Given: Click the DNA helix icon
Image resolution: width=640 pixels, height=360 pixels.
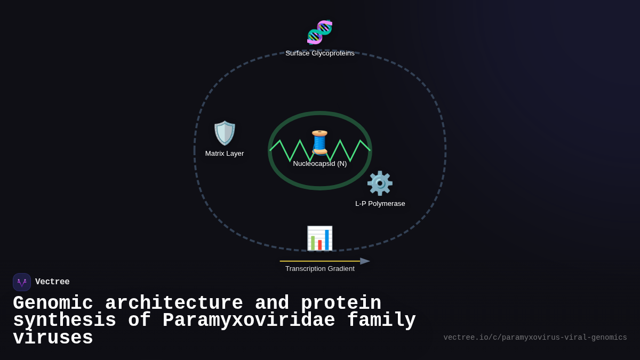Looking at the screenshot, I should click(x=319, y=32).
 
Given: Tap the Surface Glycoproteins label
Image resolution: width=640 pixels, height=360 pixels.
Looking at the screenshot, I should click(x=319, y=53).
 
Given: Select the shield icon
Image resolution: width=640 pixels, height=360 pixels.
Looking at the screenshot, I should click(x=225, y=133).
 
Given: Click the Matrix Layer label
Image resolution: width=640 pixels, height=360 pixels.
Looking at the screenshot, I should click(x=225, y=154).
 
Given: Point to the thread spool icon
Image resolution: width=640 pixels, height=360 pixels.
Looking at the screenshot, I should click(x=319, y=142).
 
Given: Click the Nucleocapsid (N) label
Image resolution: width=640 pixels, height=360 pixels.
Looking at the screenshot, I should click(x=319, y=164).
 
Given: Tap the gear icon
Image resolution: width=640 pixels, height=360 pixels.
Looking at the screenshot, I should click(x=380, y=183).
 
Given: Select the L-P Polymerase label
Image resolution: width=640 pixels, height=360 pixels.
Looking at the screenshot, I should click(x=380, y=204).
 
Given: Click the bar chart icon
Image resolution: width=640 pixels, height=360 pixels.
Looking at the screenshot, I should click(x=319, y=238).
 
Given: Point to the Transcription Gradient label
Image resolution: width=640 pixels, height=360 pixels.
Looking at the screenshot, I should click(x=319, y=269).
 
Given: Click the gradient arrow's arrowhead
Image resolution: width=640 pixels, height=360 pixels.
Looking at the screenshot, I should click(x=365, y=261).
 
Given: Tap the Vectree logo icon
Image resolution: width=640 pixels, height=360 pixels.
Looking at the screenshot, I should click(x=22, y=282).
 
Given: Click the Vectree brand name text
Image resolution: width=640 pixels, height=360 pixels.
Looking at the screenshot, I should click(x=52, y=282).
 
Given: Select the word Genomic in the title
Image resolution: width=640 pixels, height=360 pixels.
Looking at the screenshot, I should click(x=53, y=303).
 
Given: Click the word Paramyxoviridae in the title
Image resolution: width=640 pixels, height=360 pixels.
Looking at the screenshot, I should click(x=249, y=321).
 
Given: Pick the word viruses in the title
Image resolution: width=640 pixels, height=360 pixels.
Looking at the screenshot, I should click(x=53, y=338).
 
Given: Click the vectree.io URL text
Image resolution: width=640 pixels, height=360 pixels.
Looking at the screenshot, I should click(x=535, y=338).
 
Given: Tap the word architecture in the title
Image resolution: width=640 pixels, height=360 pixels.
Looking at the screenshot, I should click(x=174, y=303).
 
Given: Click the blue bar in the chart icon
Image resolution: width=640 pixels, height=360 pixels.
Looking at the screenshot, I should click(x=327, y=240).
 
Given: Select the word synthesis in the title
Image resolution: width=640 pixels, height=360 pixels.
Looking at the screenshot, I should click(x=65, y=321).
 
